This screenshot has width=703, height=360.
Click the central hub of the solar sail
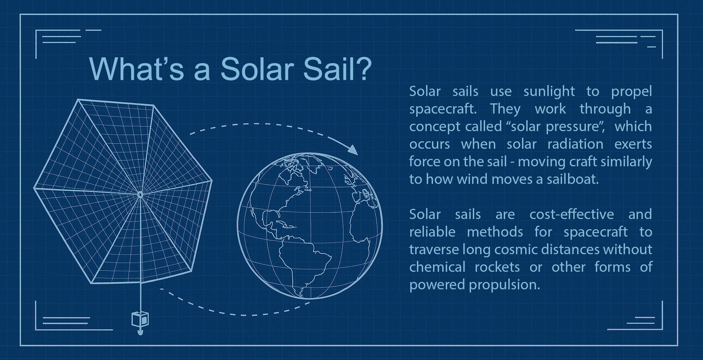[140, 194]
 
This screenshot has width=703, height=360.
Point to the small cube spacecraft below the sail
[140, 319]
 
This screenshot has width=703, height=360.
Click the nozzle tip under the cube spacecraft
[140, 332]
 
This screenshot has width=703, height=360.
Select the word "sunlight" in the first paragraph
[549, 91]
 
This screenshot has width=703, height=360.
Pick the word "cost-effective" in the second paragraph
[572, 214]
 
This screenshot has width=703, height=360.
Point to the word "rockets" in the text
[497, 267]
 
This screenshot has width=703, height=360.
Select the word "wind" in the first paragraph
[472, 179]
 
